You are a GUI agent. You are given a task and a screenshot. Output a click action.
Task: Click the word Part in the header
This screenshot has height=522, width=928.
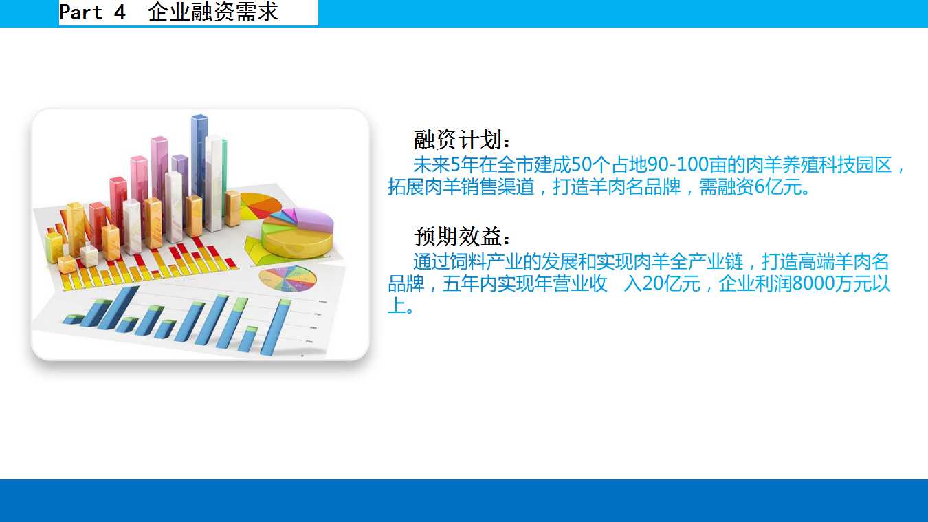pyautogui.click(x=81, y=12)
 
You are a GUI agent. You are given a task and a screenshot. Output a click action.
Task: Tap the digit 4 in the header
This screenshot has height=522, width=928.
pyautogui.click(x=120, y=12)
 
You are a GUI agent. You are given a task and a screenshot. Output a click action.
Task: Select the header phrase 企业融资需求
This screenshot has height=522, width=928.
pyautogui.click(x=212, y=12)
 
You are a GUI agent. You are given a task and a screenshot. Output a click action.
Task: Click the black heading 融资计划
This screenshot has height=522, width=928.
pyautogui.click(x=461, y=140)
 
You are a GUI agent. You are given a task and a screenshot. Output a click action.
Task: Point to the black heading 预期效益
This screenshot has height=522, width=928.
pyautogui.click(x=461, y=237)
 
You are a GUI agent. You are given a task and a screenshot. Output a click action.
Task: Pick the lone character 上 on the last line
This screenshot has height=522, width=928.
pyautogui.click(x=397, y=305)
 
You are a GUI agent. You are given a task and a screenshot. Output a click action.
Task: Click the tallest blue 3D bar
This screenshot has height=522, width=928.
pyautogui.click(x=199, y=162)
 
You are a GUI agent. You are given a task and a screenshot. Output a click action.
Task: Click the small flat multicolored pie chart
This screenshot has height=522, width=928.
pyautogui.click(x=287, y=279)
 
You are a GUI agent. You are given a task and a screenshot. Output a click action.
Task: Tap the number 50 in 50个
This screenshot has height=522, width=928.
pyautogui.click(x=582, y=164)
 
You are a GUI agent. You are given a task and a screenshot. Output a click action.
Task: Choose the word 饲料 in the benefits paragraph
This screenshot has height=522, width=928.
pyautogui.click(x=467, y=261)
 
